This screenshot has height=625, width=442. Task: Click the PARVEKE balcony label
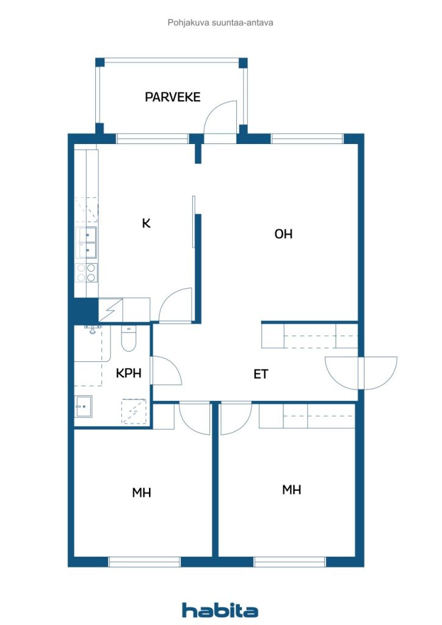(172, 97)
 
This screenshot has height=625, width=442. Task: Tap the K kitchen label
(146, 223)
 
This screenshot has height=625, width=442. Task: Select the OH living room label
(283, 234)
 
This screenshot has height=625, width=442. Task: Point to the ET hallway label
(261, 374)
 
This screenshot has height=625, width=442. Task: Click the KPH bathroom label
(128, 373)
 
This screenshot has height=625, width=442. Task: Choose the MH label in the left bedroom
(142, 493)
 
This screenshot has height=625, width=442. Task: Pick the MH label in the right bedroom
(291, 490)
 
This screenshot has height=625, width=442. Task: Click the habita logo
(220, 610)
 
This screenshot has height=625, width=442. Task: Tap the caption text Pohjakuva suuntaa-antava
(220, 23)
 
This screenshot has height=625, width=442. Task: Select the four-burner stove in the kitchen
(87, 273)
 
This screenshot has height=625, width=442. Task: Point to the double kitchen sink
(87, 242)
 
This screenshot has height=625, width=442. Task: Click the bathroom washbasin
(84, 406)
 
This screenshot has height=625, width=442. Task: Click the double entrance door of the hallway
(361, 373)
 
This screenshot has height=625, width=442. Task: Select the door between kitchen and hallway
(175, 305)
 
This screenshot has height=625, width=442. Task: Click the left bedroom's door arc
(195, 419)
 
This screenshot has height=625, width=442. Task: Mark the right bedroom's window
(290, 562)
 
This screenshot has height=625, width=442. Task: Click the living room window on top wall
(307, 139)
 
